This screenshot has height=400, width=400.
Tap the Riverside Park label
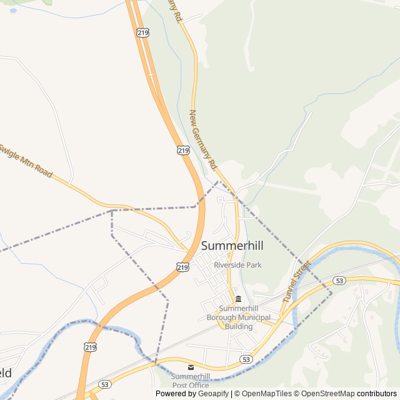click(237, 265)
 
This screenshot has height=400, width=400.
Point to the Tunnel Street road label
click(296, 281)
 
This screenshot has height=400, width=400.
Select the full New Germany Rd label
click(202, 141)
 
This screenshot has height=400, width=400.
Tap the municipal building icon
click(238, 298)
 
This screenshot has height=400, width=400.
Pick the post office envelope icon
click(191, 367)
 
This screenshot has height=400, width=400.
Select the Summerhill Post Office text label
click(191, 381)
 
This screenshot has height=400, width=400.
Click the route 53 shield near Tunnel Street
click(339, 280)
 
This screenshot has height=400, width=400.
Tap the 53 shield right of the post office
click(246, 359)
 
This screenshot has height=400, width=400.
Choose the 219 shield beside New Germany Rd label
click(182, 150)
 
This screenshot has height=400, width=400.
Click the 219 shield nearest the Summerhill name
click(182, 267)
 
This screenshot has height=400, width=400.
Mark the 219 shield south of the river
click(90, 346)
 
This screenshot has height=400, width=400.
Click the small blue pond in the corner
click(14, 11)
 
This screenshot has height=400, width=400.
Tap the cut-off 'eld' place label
click(6, 373)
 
